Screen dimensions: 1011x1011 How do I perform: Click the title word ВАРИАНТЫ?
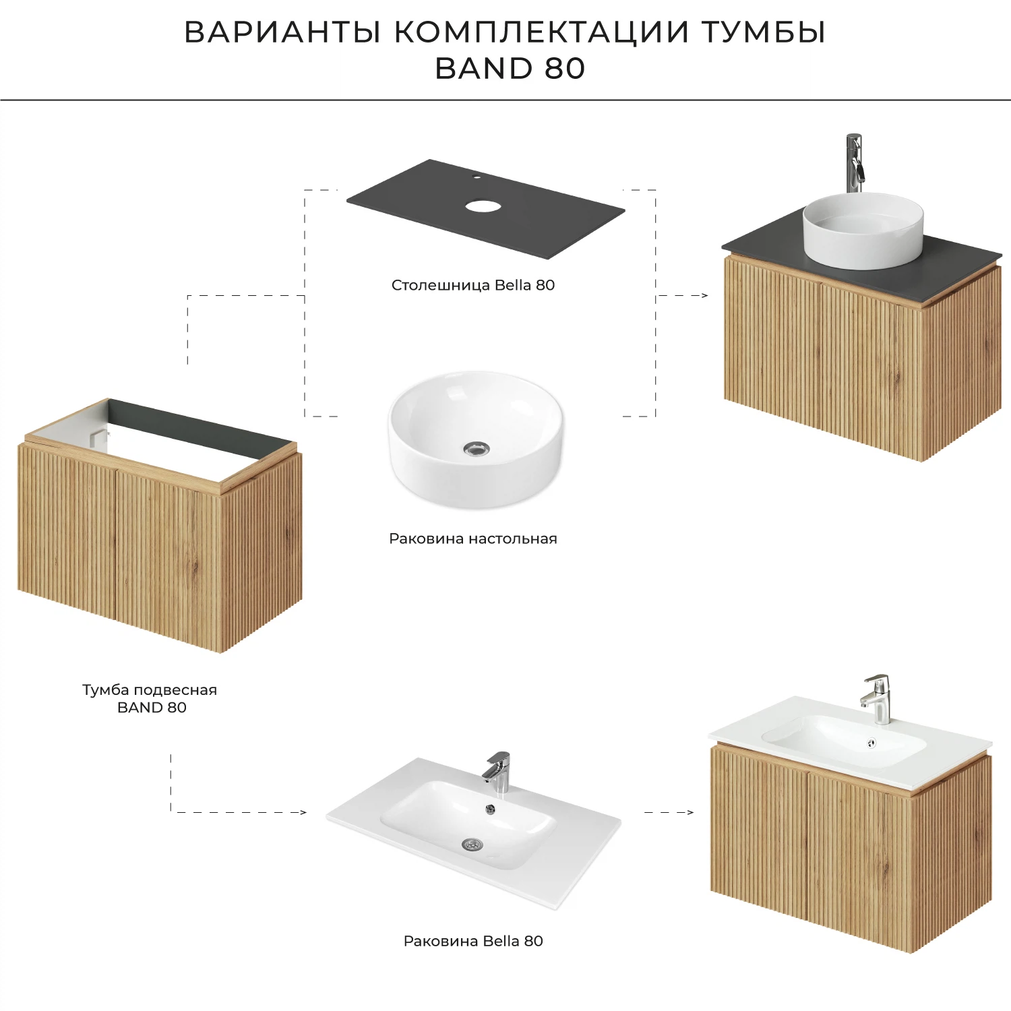283,32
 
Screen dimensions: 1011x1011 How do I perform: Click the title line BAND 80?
510,69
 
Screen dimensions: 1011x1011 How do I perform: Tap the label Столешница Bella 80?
473,285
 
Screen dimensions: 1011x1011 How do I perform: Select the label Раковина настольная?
473,539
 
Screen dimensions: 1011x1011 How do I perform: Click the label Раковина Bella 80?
473,941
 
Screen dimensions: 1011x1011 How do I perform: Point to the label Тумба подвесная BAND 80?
150,698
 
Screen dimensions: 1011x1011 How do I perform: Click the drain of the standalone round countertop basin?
477,448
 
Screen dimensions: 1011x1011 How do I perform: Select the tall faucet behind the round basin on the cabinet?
854,162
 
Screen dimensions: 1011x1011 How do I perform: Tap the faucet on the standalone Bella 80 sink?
497,772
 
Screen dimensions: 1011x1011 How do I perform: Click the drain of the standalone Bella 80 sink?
472,844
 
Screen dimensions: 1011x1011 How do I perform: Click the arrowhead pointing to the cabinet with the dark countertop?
704,295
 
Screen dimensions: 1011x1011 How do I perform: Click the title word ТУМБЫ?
763,32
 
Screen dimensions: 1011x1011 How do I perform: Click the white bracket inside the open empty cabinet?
98,436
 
